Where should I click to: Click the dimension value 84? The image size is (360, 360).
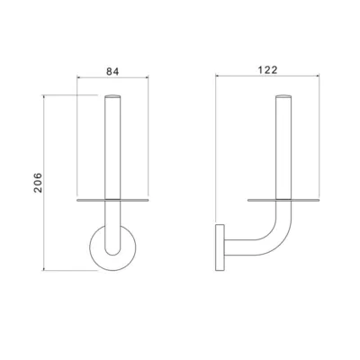click(112, 71)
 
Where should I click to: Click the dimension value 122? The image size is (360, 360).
click(268, 70)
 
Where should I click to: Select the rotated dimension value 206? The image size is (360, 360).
click(38, 183)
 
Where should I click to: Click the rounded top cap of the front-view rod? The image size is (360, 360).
click(112, 96)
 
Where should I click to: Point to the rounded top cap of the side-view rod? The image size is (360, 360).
click(283, 96)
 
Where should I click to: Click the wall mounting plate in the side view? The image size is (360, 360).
click(220, 247)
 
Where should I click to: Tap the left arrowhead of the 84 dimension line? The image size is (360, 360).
click(78, 77)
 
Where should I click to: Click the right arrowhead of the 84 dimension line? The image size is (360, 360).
click(147, 77)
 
